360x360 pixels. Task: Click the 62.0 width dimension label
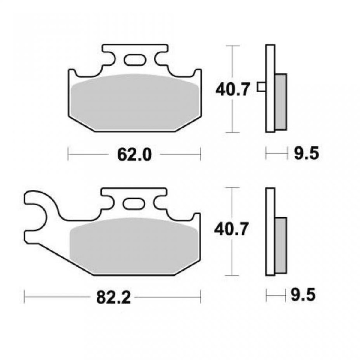tap(134, 155)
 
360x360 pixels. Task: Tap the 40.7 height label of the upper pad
tap(232, 90)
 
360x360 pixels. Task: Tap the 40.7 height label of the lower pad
tap(231, 229)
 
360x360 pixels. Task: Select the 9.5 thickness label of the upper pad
tap(306, 153)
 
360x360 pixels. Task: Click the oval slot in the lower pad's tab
tap(134, 203)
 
